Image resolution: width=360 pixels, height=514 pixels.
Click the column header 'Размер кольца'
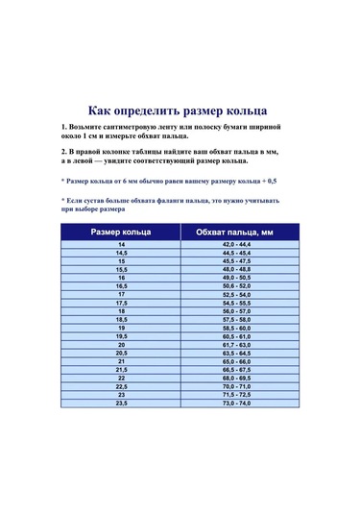(121, 232)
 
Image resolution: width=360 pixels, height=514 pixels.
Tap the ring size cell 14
(121, 245)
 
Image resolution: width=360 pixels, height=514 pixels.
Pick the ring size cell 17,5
(121, 303)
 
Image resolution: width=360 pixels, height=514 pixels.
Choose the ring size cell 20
(121, 344)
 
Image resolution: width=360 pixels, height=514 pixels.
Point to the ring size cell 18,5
(121, 319)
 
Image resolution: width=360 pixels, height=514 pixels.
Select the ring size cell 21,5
(121, 369)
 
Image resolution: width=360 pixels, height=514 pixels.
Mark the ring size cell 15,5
(121, 269)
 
